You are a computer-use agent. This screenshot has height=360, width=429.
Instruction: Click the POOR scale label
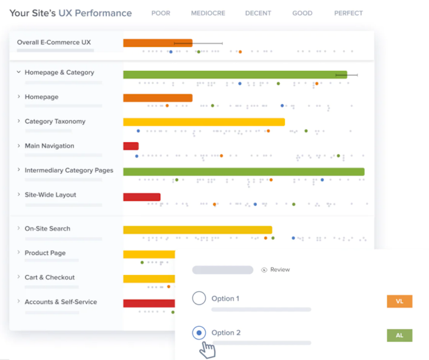(161, 13)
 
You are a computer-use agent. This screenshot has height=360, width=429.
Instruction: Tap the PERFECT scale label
(348, 13)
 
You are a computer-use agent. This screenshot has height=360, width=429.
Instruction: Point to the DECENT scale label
(257, 13)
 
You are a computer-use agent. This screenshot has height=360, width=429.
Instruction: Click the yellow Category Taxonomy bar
(204, 122)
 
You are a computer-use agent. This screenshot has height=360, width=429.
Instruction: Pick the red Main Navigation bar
(131, 146)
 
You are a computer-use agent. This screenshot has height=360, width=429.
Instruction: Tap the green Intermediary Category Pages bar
(244, 171)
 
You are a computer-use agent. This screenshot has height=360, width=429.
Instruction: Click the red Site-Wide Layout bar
(142, 197)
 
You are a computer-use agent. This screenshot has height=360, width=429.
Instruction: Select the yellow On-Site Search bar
(197, 230)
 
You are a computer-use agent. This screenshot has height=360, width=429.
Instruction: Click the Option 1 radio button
(198, 298)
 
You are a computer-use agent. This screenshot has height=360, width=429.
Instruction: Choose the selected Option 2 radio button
(198, 333)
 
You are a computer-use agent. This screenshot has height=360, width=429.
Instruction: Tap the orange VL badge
(399, 302)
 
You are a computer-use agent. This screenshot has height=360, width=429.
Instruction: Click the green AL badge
(399, 335)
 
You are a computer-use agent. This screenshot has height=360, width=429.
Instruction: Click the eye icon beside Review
(264, 270)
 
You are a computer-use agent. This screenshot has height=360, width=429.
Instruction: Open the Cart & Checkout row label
(49, 278)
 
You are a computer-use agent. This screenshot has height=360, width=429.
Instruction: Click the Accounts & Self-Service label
(61, 302)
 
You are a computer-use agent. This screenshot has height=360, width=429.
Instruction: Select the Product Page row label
(45, 253)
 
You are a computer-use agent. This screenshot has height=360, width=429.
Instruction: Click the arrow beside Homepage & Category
(19, 73)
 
